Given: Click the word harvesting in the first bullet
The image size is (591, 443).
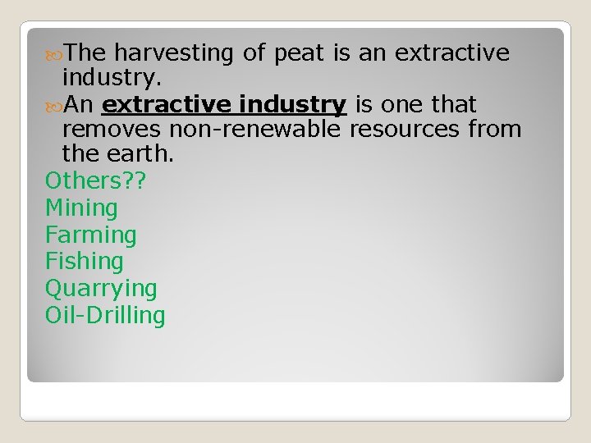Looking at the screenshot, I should pos(174,54).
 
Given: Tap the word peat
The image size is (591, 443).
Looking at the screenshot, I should pos(302,53).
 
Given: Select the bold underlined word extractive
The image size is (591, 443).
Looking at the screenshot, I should pos(167,105).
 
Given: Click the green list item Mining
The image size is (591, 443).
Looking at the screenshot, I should pos(81,208).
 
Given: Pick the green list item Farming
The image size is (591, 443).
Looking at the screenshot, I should pos(91,235).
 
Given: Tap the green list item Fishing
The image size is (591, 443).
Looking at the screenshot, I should pos(85,262).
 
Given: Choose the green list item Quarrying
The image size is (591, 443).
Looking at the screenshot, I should pos(101,289).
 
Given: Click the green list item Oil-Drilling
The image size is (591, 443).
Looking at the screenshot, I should pos(105,316).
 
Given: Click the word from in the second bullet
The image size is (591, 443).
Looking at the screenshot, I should pos(496,130).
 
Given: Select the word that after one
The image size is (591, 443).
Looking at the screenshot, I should pos(449,105).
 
